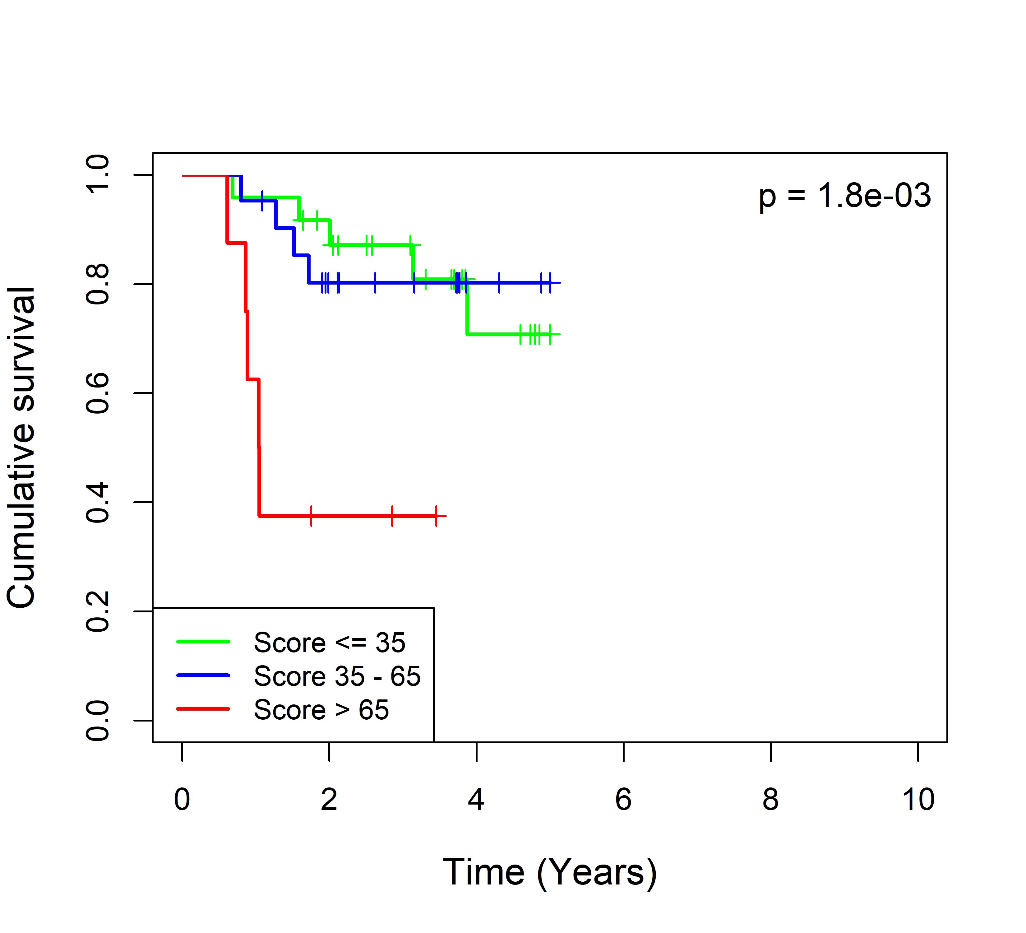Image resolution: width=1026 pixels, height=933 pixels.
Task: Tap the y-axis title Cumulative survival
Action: (x=21, y=448)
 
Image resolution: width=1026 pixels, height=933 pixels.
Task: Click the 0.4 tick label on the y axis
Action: (x=98, y=502)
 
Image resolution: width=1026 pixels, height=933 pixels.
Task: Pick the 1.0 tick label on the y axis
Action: (x=98, y=175)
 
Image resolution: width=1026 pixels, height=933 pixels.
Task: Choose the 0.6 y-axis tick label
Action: (x=98, y=393)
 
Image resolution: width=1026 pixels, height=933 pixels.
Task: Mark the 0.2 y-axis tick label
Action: (x=98, y=611)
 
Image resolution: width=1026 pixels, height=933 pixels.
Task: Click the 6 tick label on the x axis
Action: (x=623, y=799)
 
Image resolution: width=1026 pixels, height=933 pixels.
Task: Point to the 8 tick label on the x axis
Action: (x=770, y=799)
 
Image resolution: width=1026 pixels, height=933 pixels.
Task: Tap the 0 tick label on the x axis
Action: (x=182, y=799)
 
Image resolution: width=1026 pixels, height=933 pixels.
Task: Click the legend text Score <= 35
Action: (x=329, y=642)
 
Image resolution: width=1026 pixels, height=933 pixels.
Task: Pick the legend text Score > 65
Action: (x=321, y=710)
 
